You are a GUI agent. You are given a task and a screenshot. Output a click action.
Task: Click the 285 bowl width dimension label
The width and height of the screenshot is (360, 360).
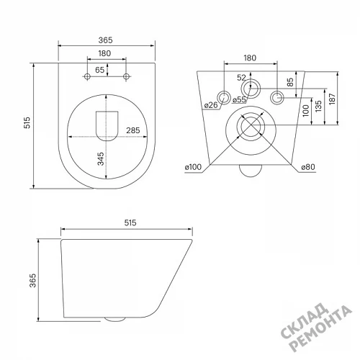(x=133, y=130)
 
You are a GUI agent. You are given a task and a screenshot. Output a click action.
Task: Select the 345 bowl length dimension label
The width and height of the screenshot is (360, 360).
(x=101, y=158)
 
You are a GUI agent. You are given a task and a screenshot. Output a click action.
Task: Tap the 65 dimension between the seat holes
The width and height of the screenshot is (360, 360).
(x=99, y=70)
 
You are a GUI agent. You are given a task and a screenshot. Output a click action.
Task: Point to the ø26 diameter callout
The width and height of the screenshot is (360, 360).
(x=211, y=105)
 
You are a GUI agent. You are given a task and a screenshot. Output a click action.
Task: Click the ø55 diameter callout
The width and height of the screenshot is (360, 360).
(x=239, y=99)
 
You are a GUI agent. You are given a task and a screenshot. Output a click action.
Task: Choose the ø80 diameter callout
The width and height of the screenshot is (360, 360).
(x=308, y=167)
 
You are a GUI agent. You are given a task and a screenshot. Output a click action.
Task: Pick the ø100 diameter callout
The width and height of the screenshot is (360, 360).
(x=193, y=167)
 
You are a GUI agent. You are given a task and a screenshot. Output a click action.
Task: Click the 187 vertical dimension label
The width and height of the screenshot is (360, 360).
(x=332, y=99)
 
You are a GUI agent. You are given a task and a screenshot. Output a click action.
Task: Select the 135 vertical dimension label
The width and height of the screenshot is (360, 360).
(x=318, y=107)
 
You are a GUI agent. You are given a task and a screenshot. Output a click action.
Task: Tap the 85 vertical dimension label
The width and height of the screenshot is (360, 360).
(x=290, y=82)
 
